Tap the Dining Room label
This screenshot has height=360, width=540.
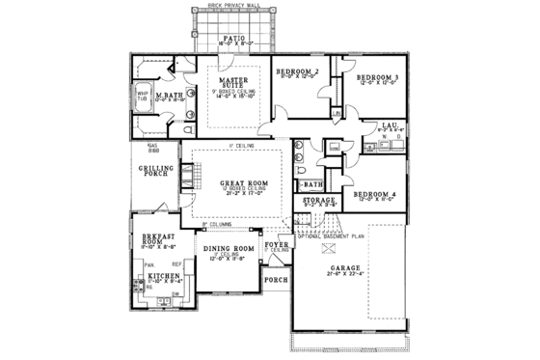[x=229, y=249]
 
